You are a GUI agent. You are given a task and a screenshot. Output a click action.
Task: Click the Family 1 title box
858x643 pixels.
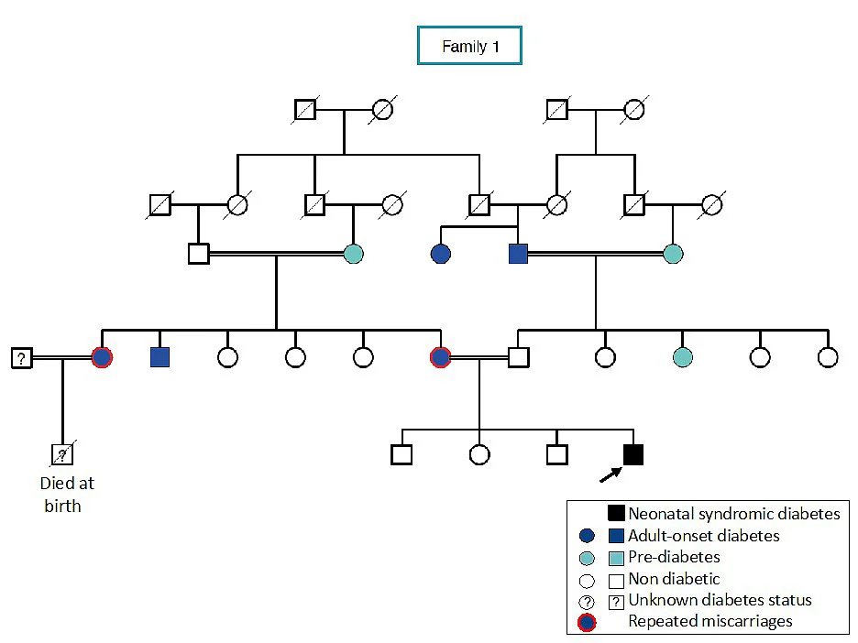tap(469, 46)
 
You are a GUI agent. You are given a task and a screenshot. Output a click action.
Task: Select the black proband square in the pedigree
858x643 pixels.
tap(633, 454)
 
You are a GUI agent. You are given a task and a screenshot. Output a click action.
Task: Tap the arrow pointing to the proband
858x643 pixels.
tap(611, 474)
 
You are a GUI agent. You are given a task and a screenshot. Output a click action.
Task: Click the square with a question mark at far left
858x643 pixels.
tap(21, 358)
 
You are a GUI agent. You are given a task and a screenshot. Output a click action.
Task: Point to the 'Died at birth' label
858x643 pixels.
tap(67, 495)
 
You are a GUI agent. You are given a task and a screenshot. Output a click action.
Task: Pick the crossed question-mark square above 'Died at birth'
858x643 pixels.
tap(62, 454)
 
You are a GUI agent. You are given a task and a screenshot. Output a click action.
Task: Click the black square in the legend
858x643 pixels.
tap(616, 513)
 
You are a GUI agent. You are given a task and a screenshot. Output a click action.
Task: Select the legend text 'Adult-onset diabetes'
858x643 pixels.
tap(704, 535)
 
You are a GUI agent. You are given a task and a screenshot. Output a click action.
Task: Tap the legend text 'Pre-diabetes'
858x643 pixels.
tap(674, 557)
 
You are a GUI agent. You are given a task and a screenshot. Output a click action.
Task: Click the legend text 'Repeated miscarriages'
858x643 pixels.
tap(710, 621)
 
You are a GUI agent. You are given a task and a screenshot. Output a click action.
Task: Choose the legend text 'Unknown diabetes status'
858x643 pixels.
tap(720, 600)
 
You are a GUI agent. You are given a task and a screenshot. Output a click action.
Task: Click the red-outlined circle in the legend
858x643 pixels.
tap(588, 622)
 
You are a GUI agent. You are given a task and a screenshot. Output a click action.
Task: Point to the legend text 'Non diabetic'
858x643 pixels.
tap(674, 579)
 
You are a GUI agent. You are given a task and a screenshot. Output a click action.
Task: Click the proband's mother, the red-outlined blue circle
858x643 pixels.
tap(441, 357)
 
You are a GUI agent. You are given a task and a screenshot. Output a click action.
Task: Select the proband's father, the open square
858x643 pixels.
tap(518, 357)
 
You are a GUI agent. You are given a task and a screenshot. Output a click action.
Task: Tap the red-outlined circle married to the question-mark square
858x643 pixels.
tap(102, 357)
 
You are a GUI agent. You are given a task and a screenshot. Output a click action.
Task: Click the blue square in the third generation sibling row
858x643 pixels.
tap(159, 357)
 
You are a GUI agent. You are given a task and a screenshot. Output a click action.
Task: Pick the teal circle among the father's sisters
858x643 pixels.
tap(682, 357)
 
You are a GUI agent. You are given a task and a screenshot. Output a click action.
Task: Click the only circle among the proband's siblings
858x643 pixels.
tap(479, 454)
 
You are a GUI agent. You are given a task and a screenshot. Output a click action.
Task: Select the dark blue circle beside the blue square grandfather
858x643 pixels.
tap(441, 255)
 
